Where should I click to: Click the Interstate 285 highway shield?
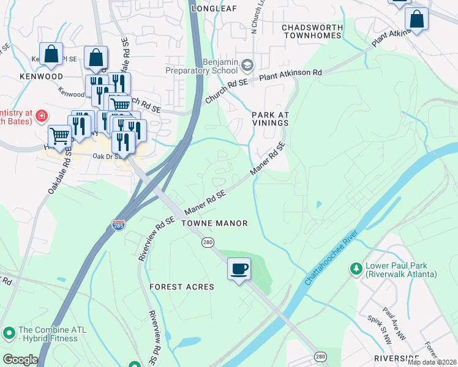[x=119, y=226]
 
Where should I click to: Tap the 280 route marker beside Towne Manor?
[x=208, y=243]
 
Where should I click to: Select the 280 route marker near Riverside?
[x=320, y=356]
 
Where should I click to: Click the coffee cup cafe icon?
[x=239, y=269]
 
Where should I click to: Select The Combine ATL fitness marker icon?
[x=9, y=333]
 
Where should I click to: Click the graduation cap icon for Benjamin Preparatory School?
[x=247, y=65]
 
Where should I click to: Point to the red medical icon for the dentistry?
[x=41, y=115]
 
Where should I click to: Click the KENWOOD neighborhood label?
[x=41, y=77]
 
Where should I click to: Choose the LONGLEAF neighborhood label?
[x=214, y=9]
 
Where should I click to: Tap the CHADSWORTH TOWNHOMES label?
[x=310, y=31]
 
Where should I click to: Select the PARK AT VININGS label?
[x=270, y=119]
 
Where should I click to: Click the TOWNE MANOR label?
[x=214, y=223]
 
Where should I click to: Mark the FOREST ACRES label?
[x=182, y=287]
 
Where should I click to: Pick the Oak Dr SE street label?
[x=103, y=156]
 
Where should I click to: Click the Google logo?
[x=20, y=359]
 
